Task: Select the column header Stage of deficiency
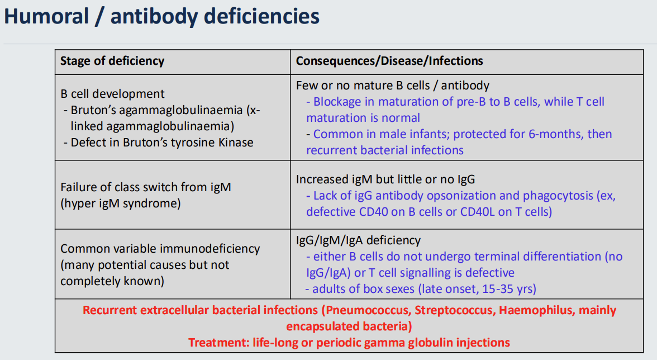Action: coord(112,60)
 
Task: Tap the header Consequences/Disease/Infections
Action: coord(389,60)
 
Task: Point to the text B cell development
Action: coord(112,94)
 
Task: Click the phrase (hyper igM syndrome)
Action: coord(120,203)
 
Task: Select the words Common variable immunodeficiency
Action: coord(160,248)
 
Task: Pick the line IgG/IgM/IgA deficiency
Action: coord(358,240)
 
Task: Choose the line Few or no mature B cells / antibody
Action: coord(392,86)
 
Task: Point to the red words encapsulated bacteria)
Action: coord(349,326)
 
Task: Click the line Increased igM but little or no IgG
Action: coord(385,179)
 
